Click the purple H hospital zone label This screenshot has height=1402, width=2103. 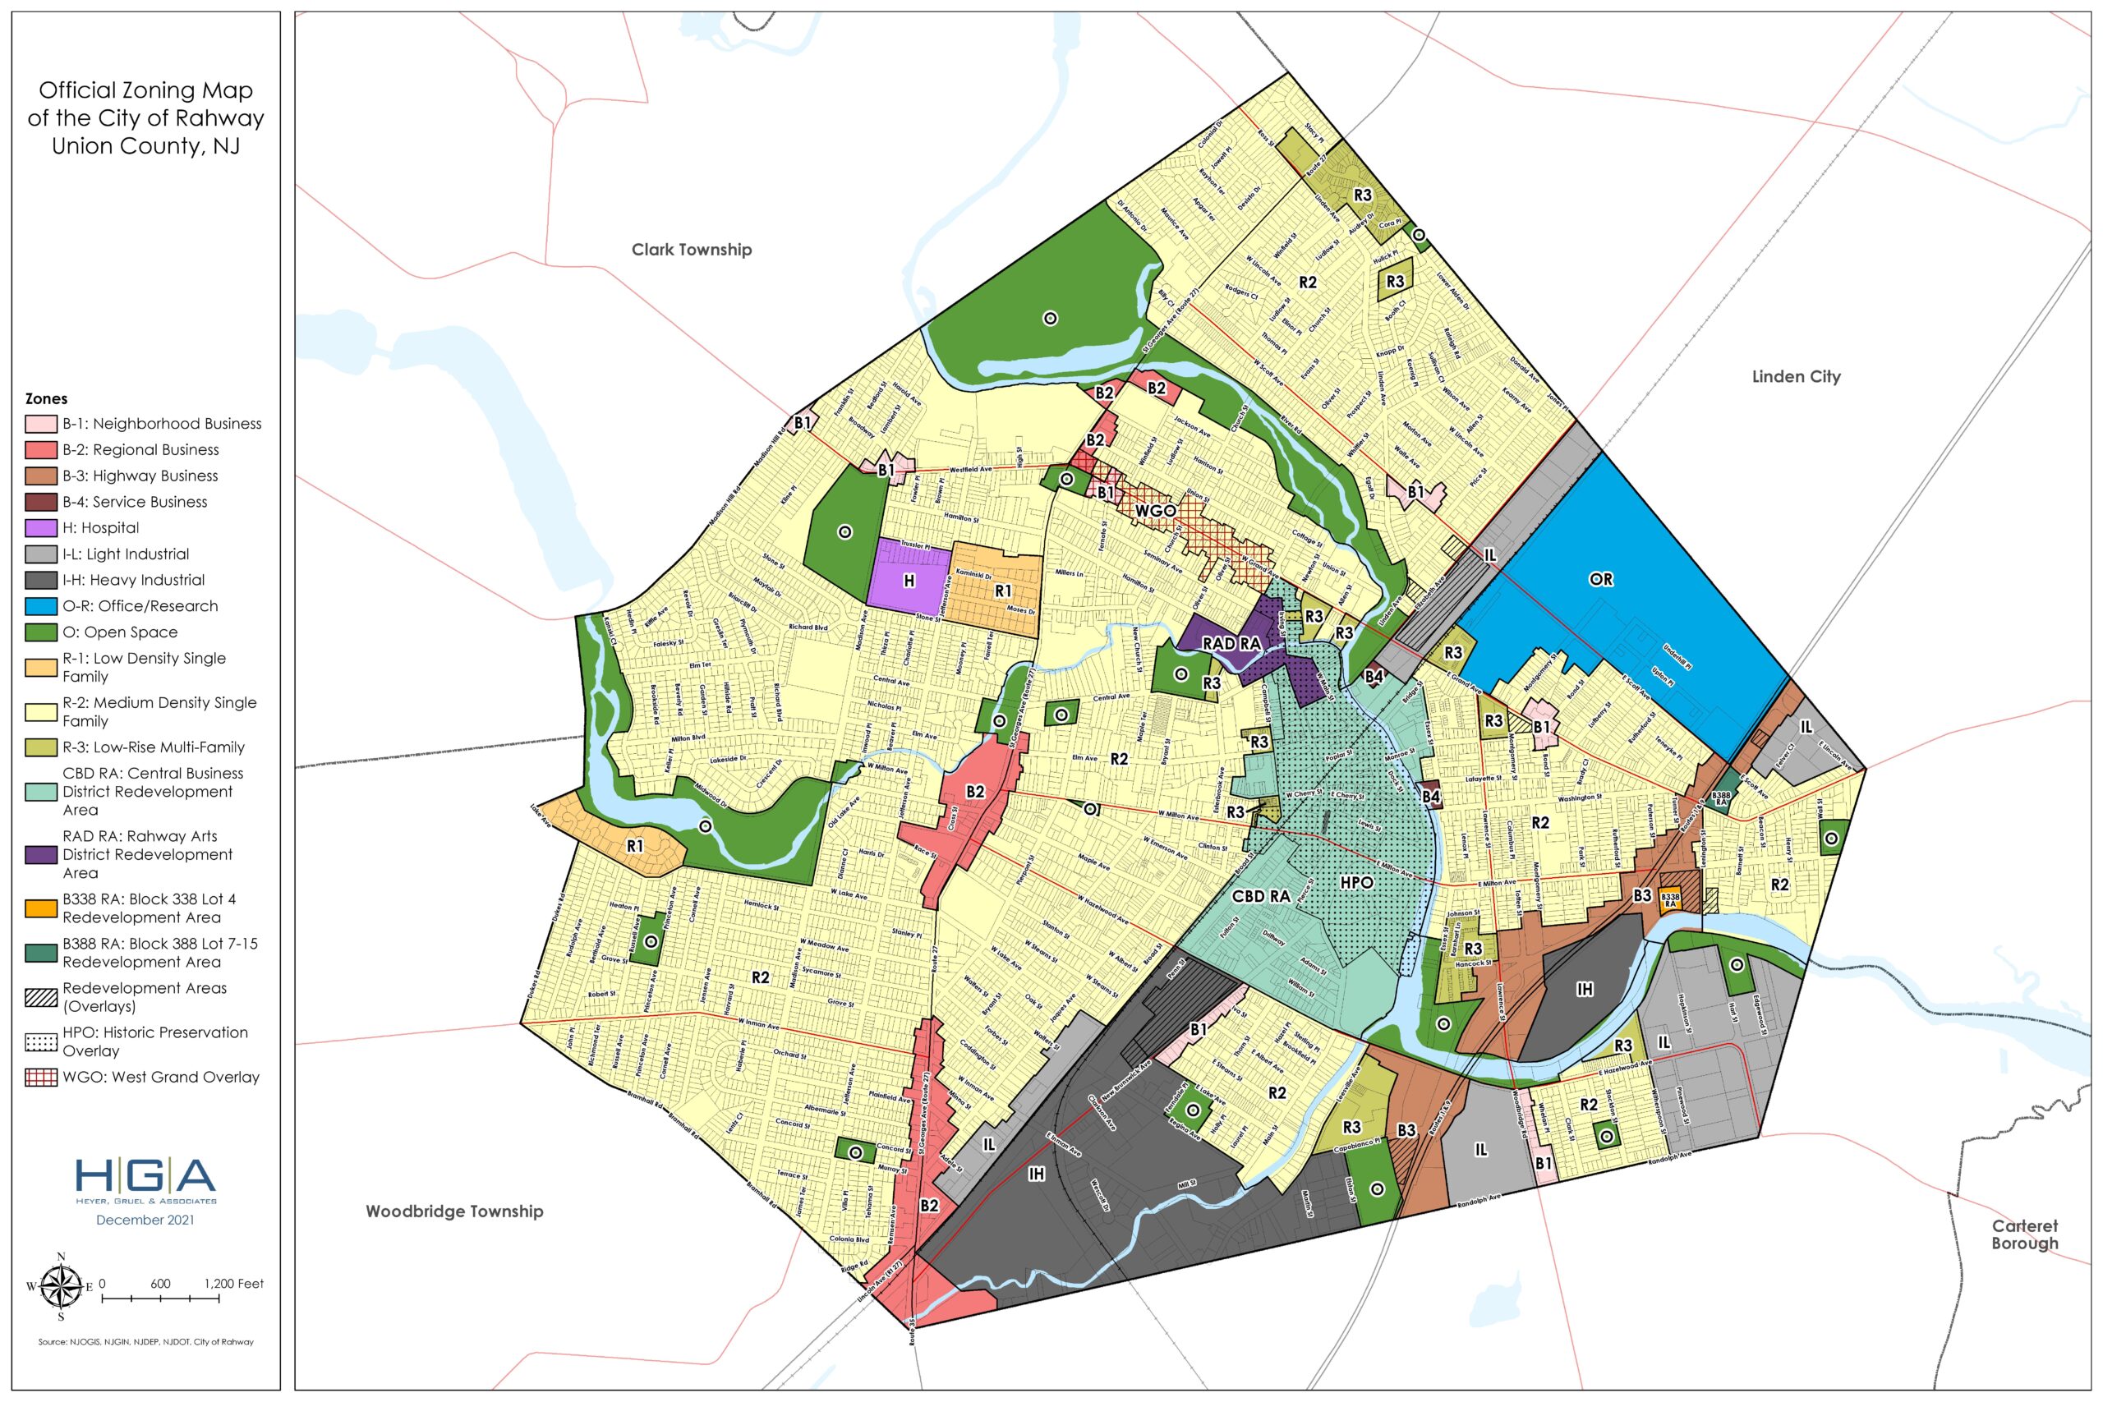909,581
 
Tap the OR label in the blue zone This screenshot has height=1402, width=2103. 1600,579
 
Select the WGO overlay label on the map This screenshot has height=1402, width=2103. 1154,511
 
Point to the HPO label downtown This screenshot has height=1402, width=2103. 1356,881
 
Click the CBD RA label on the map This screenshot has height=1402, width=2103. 1261,896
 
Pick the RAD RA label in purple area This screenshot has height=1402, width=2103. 1231,643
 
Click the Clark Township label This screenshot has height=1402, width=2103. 691,250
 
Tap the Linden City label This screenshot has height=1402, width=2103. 1796,376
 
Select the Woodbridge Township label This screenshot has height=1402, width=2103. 454,1211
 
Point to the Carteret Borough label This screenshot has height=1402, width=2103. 2024,1234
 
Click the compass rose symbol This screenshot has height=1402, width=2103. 61,1287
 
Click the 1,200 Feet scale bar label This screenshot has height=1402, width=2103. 233,1283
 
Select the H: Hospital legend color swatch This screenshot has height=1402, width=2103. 41,527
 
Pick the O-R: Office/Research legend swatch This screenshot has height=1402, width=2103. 41,606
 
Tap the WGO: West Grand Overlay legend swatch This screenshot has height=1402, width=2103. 41,1078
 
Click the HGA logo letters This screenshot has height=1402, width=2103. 145,1176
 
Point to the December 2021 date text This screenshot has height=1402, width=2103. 145,1220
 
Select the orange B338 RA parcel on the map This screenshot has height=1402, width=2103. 1669,899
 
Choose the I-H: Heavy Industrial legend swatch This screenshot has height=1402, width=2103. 41,581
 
